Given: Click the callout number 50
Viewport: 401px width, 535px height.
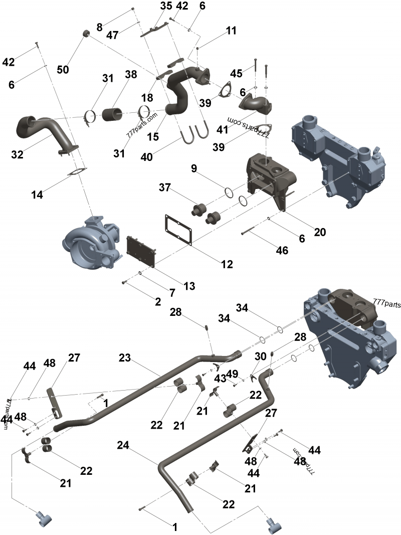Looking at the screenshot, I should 63,70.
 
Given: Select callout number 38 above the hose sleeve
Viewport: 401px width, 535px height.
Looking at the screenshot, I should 131,75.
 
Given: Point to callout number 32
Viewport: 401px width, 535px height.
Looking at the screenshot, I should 18,155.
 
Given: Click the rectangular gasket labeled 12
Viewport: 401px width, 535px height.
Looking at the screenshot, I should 179,230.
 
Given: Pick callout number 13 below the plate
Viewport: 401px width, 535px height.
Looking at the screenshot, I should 188,286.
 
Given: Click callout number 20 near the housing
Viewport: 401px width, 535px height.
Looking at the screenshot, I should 320,232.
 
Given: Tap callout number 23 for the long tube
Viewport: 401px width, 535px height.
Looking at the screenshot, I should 125,358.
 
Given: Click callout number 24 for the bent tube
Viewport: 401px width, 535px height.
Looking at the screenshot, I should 124,445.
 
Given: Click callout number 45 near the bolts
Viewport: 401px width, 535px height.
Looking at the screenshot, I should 236,73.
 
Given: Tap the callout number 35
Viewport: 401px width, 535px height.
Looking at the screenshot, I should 166,6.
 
